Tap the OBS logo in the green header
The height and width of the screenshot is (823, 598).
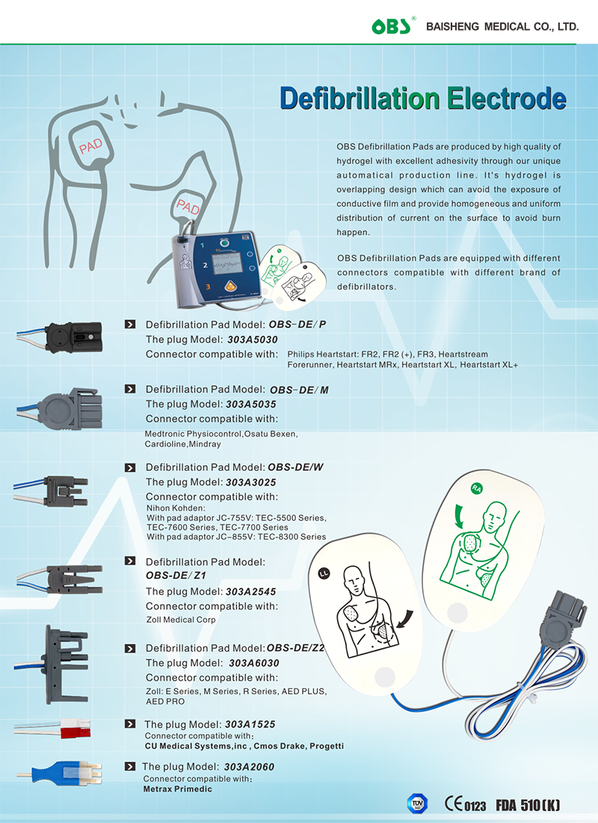pyautogui.click(x=395, y=28)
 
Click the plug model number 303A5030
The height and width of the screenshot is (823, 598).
pyautogui.click(x=252, y=339)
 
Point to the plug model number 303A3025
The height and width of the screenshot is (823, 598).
pyautogui.click(x=252, y=482)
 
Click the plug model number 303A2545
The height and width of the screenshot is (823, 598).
pyautogui.click(x=252, y=591)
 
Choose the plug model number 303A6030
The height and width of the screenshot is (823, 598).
pyautogui.click(x=254, y=663)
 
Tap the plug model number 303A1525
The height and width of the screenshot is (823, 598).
pyautogui.click(x=250, y=724)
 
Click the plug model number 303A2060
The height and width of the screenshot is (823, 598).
pyautogui.click(x=249, y=767)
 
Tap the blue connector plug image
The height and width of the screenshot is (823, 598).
pyautogui.click(x=64, y=769)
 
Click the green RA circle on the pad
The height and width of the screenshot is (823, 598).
pyautogui.click(x=476, y=489)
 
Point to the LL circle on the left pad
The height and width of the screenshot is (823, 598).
pyautogui.click(x=324, y=575)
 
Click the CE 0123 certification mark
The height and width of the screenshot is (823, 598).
pyautogui.click(x=465, y=804)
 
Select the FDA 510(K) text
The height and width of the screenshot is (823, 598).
pyautogui.click(x=527, y=805)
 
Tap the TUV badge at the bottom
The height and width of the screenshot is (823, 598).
pyautogui.click(x=416, y=804)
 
